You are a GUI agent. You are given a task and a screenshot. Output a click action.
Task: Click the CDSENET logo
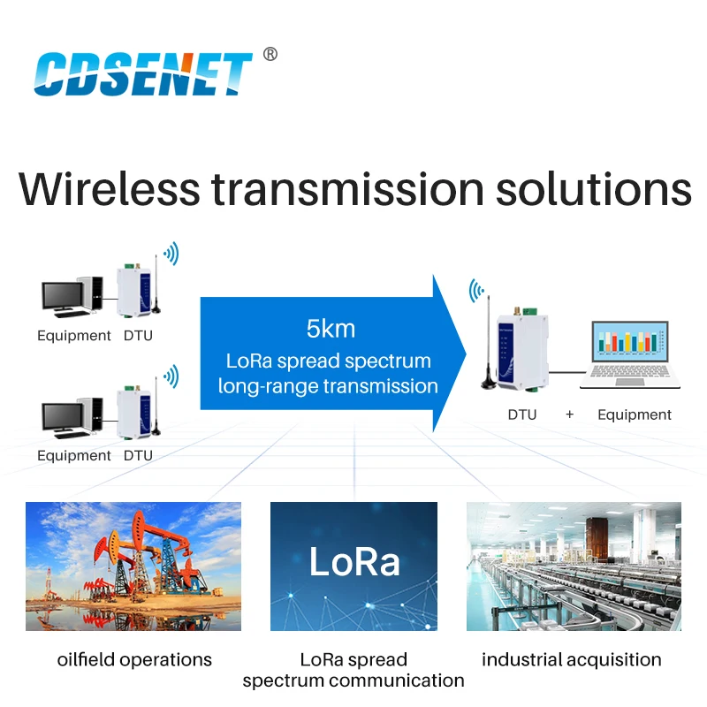click(x=143, y=72)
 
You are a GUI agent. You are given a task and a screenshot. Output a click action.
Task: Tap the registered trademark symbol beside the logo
click(x=270, y=55)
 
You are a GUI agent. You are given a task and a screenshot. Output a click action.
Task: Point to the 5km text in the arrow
click(x=331, y=330)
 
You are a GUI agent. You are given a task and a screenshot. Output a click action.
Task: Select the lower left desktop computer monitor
click(x=64, y=417)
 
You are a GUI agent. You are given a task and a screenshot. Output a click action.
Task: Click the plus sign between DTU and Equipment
click(x=570, y=414)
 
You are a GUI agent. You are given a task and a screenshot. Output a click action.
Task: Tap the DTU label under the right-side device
click(x=521, y=414)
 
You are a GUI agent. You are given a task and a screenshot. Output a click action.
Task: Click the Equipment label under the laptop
click(x=635, y=414)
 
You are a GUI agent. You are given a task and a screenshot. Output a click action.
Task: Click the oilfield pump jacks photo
click(x=133, y=566)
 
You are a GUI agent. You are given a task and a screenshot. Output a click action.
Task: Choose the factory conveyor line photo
click(x=574, y=566)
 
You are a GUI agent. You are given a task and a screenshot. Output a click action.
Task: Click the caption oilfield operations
click(x=134, y=659)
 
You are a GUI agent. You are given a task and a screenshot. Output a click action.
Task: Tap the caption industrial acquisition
click(x=571, y=659)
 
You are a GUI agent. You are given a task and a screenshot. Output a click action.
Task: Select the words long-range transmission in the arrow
click(x=329, y=385)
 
